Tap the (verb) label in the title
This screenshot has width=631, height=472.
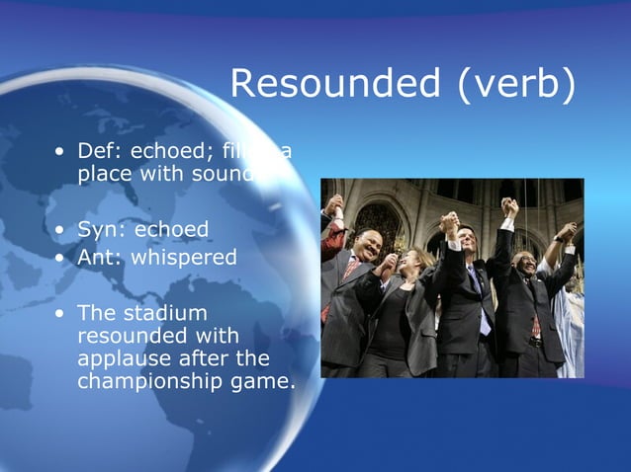click(515, 87)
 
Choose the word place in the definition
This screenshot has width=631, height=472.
click(103, 174)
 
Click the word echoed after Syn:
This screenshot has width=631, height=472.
click(172, 230)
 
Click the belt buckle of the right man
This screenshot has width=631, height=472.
click(534, 342)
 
